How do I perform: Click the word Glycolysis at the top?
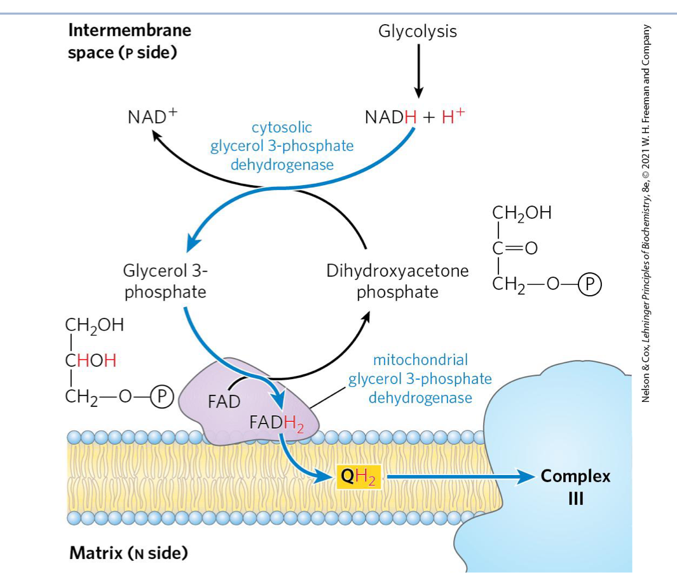(417, 31)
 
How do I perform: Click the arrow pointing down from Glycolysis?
(418, 70)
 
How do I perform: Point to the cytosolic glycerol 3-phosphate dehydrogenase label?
(282, 146)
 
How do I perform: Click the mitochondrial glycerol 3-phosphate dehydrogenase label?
(420, 379)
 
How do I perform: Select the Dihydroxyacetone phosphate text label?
(397, 281)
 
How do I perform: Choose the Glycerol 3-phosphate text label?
(165, 281)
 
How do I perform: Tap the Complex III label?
(575, 486)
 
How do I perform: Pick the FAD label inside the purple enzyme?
(224, 402)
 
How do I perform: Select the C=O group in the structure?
(516, 248)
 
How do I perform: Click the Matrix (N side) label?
(128, 553)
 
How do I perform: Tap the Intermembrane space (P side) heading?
(130, 41)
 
